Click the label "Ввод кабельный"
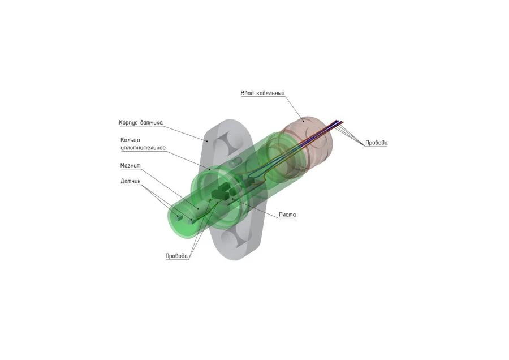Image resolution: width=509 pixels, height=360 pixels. [x=261, y=92]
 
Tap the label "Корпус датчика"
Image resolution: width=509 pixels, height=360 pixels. [x=141, y=122]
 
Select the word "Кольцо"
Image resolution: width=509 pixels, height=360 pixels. [x=130, y=140]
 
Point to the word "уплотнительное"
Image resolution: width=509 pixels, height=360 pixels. [x=143, y=148]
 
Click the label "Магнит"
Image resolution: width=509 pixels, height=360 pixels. [x=130, y=166]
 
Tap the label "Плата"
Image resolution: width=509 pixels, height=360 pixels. [x=287, y=215]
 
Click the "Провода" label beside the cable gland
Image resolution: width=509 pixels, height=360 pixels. [x=376, y=143]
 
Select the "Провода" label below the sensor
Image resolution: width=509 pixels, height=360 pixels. [x=176, y=256]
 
